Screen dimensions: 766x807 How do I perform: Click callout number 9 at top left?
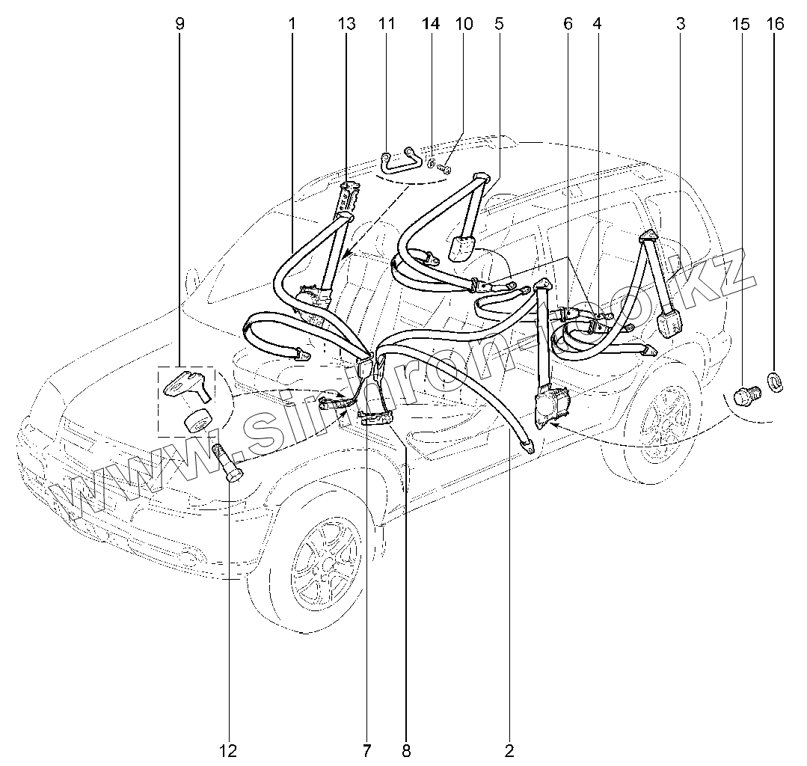[x=179, y=24]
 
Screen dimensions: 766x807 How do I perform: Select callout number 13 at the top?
[x=346, y=24]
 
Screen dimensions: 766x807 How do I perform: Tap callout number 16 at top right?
[x=775, y=24]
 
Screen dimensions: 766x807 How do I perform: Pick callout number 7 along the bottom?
[x=367, y=750]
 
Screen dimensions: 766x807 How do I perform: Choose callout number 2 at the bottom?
[x=509, y=750]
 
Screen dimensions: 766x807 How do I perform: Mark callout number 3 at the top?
[x=680, y=24]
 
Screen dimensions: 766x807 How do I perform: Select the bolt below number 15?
[x=745, y=395]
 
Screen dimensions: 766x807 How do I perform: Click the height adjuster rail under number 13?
[x=349, y=198]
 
